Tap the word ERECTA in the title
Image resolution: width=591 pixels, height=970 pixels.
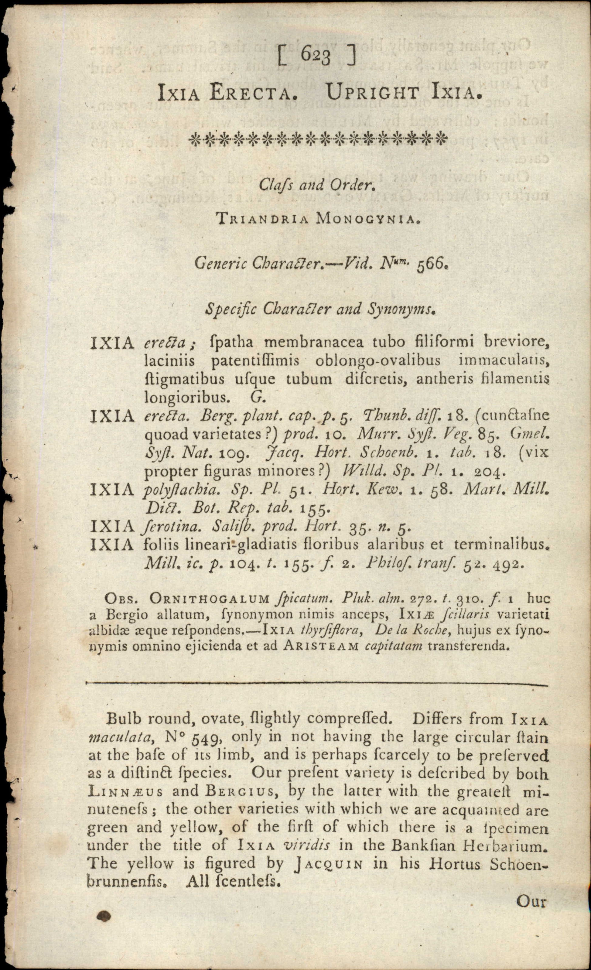tap(251, 94)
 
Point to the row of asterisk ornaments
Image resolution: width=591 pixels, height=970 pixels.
tap(318, 139)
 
